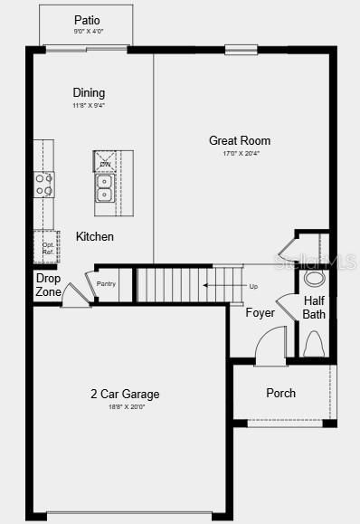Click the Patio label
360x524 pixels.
[87, 20]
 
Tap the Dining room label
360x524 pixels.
[89, 92]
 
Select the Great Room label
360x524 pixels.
[240, 140]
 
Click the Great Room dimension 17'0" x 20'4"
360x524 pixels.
[240, 153]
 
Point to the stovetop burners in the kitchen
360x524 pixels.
[43, 185]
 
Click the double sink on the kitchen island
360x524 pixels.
[105, 187]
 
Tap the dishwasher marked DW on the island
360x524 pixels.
[105, 162]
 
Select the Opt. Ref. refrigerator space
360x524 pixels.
[46, 246]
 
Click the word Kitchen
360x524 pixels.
[95, 236]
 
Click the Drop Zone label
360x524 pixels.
[48, 285]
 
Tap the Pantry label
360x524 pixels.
[106, 284]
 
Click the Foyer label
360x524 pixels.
[261, 313]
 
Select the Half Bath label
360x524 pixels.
[314, 308]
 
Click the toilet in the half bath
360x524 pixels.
[314, 345]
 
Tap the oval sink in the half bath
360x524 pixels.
[315, 278]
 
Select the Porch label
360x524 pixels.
[280, 393]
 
